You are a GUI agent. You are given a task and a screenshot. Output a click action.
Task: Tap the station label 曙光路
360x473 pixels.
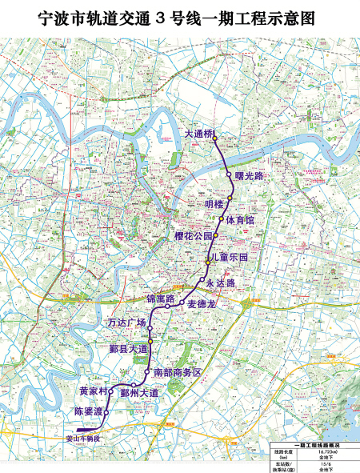248,174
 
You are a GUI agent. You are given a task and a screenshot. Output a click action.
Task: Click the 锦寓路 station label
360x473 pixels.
160,299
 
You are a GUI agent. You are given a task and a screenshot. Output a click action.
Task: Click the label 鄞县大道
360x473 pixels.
129,349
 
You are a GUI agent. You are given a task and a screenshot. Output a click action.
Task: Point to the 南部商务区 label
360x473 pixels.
177,374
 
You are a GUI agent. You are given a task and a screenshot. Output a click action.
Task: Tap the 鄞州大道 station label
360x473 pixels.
139,393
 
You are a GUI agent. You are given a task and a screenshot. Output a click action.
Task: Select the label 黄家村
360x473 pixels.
93,391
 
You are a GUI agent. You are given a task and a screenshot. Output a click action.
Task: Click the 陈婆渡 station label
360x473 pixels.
88,411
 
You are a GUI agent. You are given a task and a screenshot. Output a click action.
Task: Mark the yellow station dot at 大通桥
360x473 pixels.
215,138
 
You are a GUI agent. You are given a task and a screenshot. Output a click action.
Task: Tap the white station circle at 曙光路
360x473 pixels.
229,174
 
